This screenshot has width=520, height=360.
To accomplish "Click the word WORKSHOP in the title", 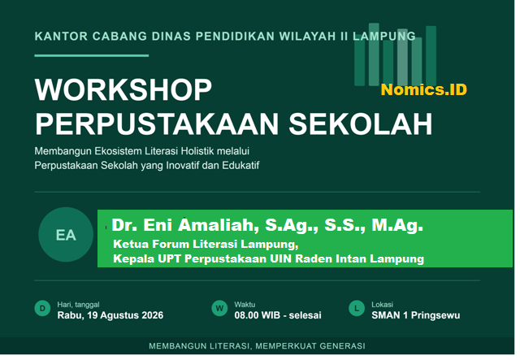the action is [x=123, y=90].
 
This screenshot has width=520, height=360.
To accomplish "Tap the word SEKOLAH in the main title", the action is [x=361, y=124].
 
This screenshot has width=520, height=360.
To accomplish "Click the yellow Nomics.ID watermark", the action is [x=424, y=89].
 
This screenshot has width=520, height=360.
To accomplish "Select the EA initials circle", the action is [x=66, y=235].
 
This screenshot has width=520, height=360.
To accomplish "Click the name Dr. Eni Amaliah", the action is [x=183, y=225].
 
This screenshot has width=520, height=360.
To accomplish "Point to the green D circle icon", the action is [x=42, y=309].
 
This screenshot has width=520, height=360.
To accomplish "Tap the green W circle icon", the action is [x=219, y=309].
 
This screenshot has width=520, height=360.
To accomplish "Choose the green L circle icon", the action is [x=357, y=309].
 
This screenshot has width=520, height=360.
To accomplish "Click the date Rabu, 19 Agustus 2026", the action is [x=110, y=315].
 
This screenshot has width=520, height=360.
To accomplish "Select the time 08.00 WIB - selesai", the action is [x=278, y=315].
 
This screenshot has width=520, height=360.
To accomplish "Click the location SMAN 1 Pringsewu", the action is [x=416, y=315].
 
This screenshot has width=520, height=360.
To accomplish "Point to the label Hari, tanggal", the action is [x=78, y=305].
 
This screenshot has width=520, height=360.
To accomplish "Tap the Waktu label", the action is [x=245, y=305].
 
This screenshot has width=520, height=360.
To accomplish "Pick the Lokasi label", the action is [x=383, y=305].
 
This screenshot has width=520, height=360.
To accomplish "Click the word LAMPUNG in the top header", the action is [x=384, y=37].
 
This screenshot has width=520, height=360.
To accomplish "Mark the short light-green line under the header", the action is [x=92, y=55].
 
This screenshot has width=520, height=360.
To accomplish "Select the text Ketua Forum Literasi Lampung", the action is [x=206, y=245].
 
